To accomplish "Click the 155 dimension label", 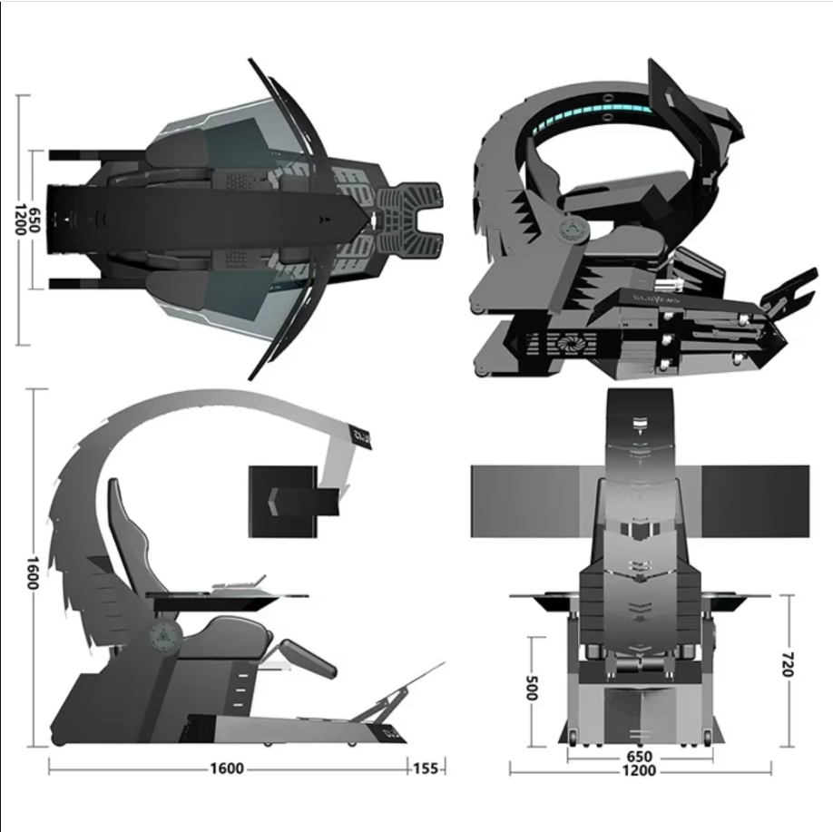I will pos(426,768).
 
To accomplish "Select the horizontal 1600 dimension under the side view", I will pos(226,768).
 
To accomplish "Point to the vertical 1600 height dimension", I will pos(33,573).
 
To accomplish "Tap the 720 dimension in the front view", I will pos(787,664).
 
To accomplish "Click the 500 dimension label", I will pos(532,688).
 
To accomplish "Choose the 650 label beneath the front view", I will pos(638,756).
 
